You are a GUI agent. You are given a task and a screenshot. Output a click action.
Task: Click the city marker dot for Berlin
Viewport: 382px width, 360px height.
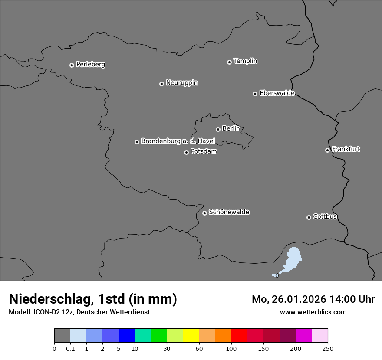coord(218,129)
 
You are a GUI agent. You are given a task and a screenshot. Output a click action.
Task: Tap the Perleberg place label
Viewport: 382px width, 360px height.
coord(90,65)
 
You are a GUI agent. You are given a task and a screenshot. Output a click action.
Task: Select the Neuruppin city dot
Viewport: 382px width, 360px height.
coord(161,84)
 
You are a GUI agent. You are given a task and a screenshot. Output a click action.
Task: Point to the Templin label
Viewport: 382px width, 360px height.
coord(245,61)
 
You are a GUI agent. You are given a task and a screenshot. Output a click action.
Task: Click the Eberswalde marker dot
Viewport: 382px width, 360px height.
coord(255,94)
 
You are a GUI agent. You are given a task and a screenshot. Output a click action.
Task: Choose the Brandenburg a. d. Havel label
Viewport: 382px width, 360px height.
coord(178,141)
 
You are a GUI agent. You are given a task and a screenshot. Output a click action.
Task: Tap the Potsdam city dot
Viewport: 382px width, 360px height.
coord(186,152)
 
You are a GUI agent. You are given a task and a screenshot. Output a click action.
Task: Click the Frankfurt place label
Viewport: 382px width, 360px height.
coord(346,149)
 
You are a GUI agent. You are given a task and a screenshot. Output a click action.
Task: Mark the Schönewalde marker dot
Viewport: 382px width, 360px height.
coord(204,213)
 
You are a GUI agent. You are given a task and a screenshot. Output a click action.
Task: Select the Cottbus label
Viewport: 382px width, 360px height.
coord(325,216)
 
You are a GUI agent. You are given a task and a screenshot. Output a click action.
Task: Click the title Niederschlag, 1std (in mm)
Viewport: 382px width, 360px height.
coord(93,299)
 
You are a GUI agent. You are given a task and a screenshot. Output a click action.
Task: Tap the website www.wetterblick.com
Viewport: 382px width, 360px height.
coord(313,312)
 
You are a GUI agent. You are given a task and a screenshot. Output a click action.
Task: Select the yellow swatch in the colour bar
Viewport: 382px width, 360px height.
coord(191,336)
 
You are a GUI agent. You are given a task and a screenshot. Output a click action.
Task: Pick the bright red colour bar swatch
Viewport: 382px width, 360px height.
coord(239,336)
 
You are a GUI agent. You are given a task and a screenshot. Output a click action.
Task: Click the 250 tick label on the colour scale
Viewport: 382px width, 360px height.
coord(328,348)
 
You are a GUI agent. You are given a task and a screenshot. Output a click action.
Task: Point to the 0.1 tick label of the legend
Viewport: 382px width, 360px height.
coord(70,348)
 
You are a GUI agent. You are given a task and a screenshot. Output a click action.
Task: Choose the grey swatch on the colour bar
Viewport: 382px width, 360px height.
coord(62,336)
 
